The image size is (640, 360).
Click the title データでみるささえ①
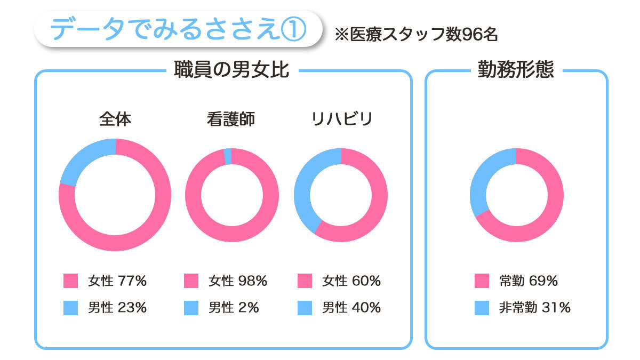tap(178, 29)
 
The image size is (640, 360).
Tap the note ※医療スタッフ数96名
tap(416, 35)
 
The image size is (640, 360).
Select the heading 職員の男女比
tap(231, 70)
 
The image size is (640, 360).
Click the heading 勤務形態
tap(516, 70)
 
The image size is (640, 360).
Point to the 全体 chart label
tap(115, 119)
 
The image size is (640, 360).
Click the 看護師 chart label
tap(231, 119)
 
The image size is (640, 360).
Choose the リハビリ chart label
tap(341, 119)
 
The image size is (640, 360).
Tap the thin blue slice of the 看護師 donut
tap(228, 156)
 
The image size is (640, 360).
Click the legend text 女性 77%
tap(117, 281)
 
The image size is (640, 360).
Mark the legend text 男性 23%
tap(117, 308)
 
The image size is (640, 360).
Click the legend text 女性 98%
tap(238, 281)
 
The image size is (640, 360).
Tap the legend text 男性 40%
tap(351, 308)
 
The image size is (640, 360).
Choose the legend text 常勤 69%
tap(529, 281)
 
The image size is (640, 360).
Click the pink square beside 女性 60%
tap(305, 281)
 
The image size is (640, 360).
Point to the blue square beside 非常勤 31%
tap(482, 308)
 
